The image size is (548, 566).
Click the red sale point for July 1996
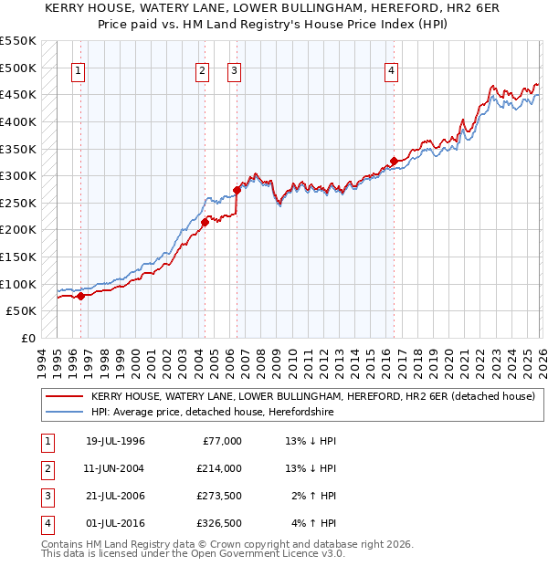tap(80, 296)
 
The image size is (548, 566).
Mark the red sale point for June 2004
tap(205, 222)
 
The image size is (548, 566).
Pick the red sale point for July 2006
tap(237, 190)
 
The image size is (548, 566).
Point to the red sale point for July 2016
tap(394, 161)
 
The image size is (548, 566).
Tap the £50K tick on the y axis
tap(22, 311)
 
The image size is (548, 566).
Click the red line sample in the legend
tap(64, 397)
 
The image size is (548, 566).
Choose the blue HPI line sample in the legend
tap(64, 413)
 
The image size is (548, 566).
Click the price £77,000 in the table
tap(222, 441)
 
